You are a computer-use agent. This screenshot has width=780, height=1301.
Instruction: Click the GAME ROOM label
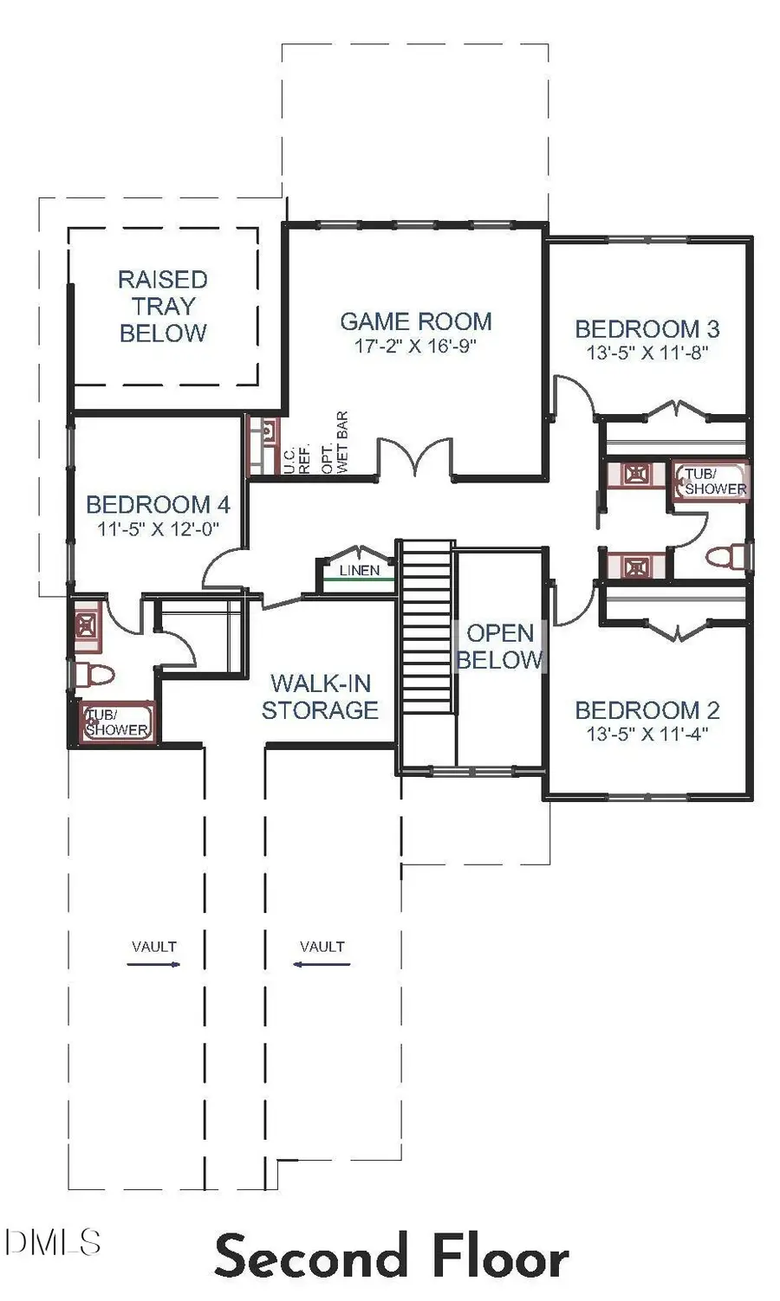415,321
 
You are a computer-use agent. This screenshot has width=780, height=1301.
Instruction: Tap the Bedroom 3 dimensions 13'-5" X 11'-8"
647,353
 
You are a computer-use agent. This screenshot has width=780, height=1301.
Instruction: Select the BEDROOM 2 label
647,710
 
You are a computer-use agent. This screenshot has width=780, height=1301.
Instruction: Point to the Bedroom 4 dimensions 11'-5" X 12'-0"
158,528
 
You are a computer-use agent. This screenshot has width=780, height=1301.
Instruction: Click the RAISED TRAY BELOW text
163,306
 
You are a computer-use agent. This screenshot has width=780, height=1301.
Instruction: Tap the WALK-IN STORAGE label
320,696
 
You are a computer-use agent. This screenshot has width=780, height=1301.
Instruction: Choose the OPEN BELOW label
499,646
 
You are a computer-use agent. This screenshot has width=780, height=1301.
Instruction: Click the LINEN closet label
359,570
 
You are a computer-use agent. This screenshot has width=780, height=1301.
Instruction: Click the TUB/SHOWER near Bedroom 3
712,482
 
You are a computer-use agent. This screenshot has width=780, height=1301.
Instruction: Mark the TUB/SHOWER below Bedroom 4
117,722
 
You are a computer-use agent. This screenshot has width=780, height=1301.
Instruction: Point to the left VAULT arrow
153,963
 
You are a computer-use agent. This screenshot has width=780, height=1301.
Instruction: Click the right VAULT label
322,947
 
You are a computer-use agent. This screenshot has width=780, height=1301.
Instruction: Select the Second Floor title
391,1257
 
